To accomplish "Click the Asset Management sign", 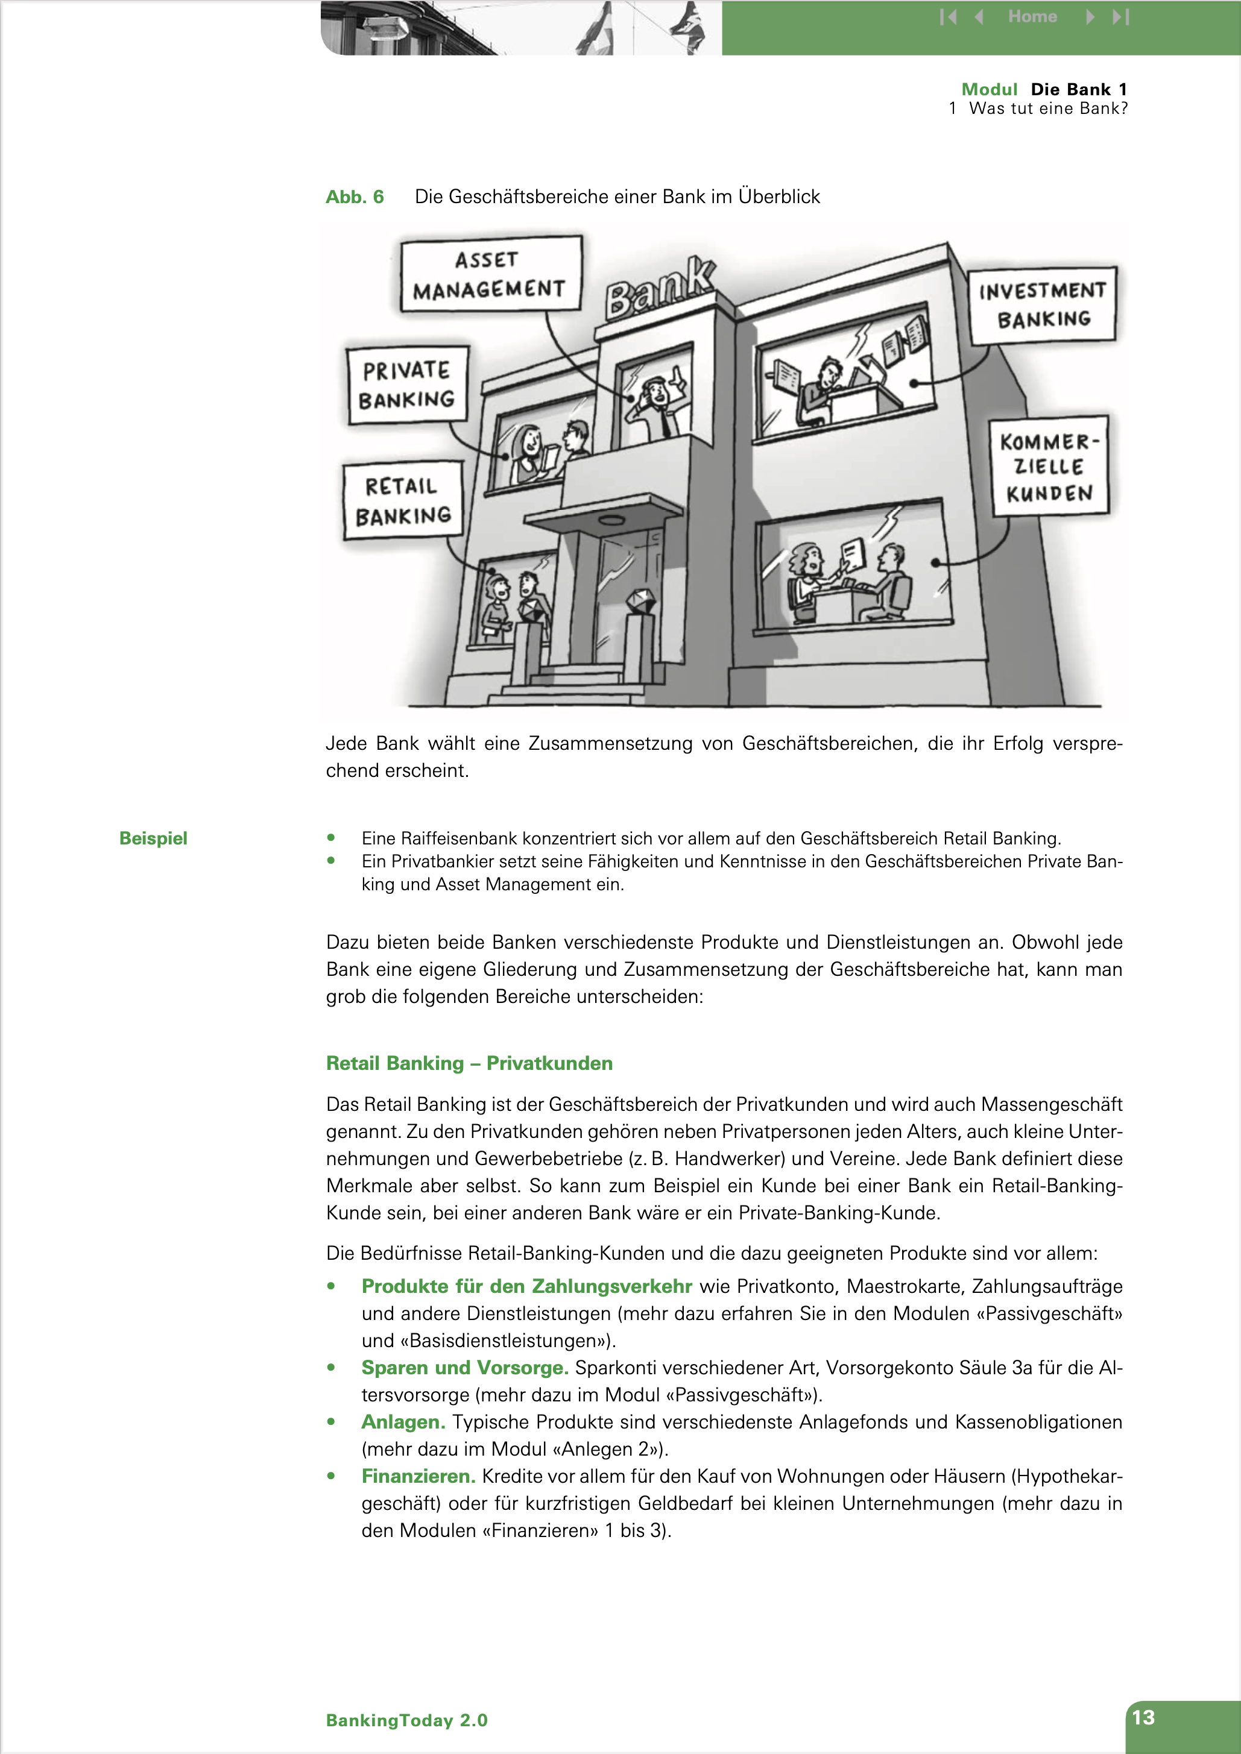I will (490, 274).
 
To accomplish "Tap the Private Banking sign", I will (406, 385).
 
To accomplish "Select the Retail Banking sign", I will (403, 500).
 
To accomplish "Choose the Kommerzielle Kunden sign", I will (1049, 466).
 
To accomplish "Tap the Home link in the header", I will (1032, 17).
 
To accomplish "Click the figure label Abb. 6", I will (355, 197).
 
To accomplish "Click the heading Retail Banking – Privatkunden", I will (469, 1063).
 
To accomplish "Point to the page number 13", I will (1143, 1717).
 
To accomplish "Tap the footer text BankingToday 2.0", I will (406, 1720).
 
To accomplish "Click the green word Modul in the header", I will (989, 89).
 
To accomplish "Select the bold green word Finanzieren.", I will (418, 1476).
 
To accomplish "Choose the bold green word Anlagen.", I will (403, 1422).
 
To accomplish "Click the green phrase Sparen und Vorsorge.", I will (464, 1368).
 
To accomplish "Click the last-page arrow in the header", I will (1120, 17).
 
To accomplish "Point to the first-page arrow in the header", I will (947, 17).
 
